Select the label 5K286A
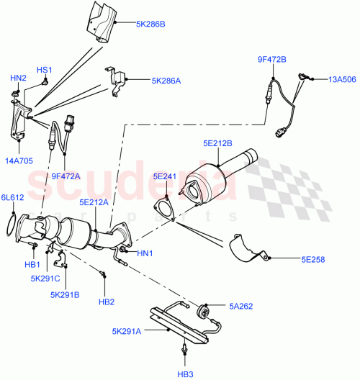click(x=165, y=81)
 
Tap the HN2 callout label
click(x=17, y=78)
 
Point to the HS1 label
click(x=45, y=70)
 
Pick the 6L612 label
click(x=12, y=197)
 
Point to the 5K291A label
click(x=127, y=332)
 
